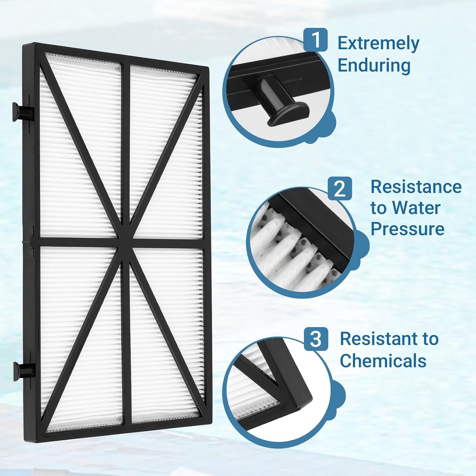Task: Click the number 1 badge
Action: (315, 40)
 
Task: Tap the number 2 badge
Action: (340, 188)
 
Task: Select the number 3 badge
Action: (316, 339)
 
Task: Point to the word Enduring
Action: (374, 65)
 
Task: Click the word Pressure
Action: (407, 228)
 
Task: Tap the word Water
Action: (416, 208)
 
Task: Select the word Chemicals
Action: (383, 360)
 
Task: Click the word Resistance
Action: (416, 187)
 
